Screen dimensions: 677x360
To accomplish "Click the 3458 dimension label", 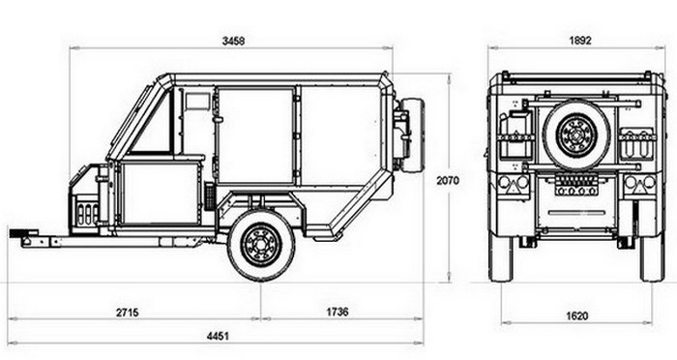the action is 233,41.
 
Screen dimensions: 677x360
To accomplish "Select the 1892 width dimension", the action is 580,41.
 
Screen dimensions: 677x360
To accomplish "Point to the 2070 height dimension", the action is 448,180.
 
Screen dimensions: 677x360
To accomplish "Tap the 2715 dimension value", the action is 128,312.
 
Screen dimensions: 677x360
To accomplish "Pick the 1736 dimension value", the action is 337,312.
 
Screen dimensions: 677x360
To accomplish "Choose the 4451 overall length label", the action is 218,336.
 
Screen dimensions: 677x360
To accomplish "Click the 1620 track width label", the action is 576,315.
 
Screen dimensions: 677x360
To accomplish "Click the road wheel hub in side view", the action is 261,245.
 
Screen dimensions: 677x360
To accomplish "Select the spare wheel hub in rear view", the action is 576,135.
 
